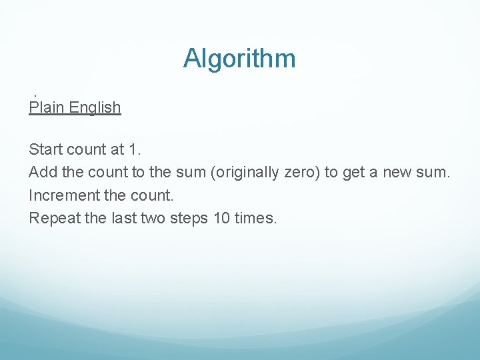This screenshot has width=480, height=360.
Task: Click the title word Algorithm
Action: coord(239,59)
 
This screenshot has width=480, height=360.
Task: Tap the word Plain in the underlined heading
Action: coord(45,107)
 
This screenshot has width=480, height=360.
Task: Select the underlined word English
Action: coord(93,108)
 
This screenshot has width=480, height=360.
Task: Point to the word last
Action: coord(124,218)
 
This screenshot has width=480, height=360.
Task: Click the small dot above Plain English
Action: coord(35,96)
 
